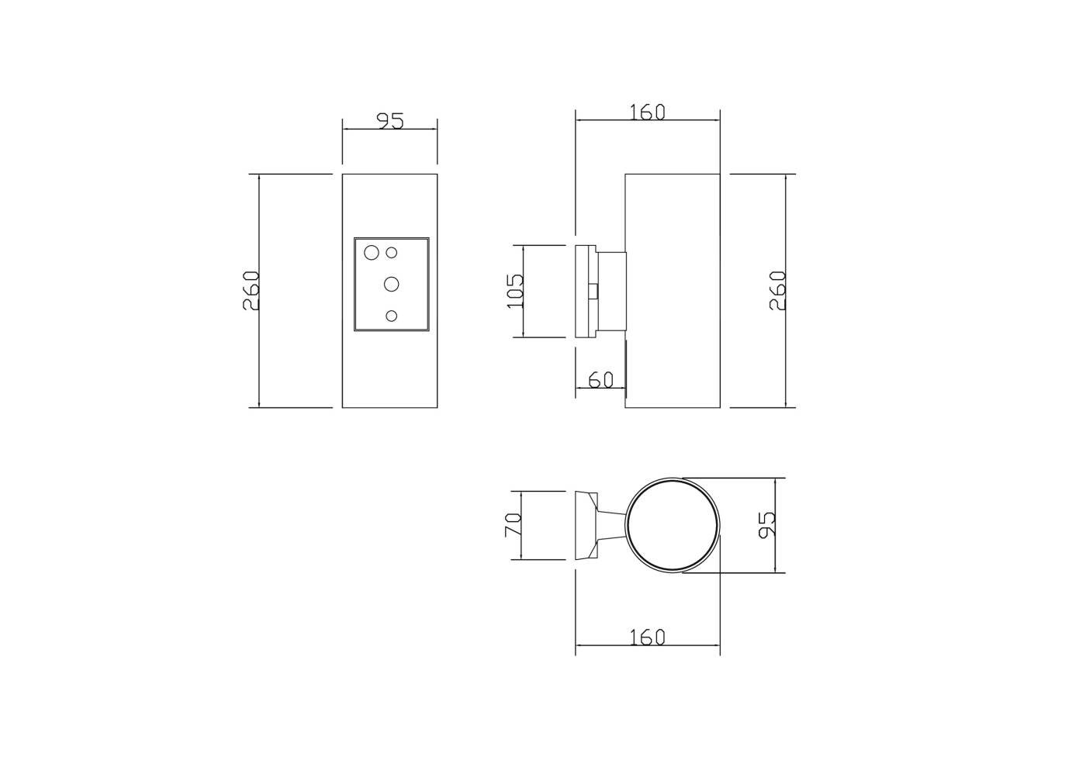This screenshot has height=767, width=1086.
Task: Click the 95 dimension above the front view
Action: coord(390,121)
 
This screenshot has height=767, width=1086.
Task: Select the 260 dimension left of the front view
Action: coord(251,290)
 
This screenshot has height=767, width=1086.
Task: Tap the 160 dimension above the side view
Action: coord(647,112)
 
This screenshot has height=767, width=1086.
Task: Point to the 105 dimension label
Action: coord(515,291)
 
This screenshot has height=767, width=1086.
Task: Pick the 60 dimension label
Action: coord(600,379)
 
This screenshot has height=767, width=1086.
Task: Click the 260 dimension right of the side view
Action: coord(777,290)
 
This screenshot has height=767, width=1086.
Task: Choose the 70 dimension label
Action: coord(513,524)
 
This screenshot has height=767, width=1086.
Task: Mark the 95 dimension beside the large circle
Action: coord(767,524)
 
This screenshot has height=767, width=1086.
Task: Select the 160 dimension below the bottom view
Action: coord(647,637)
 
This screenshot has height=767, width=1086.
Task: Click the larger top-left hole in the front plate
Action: coord(372,253)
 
